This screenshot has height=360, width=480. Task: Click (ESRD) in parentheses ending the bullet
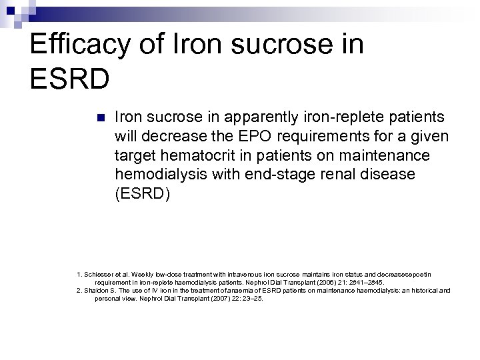pos(139,194)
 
